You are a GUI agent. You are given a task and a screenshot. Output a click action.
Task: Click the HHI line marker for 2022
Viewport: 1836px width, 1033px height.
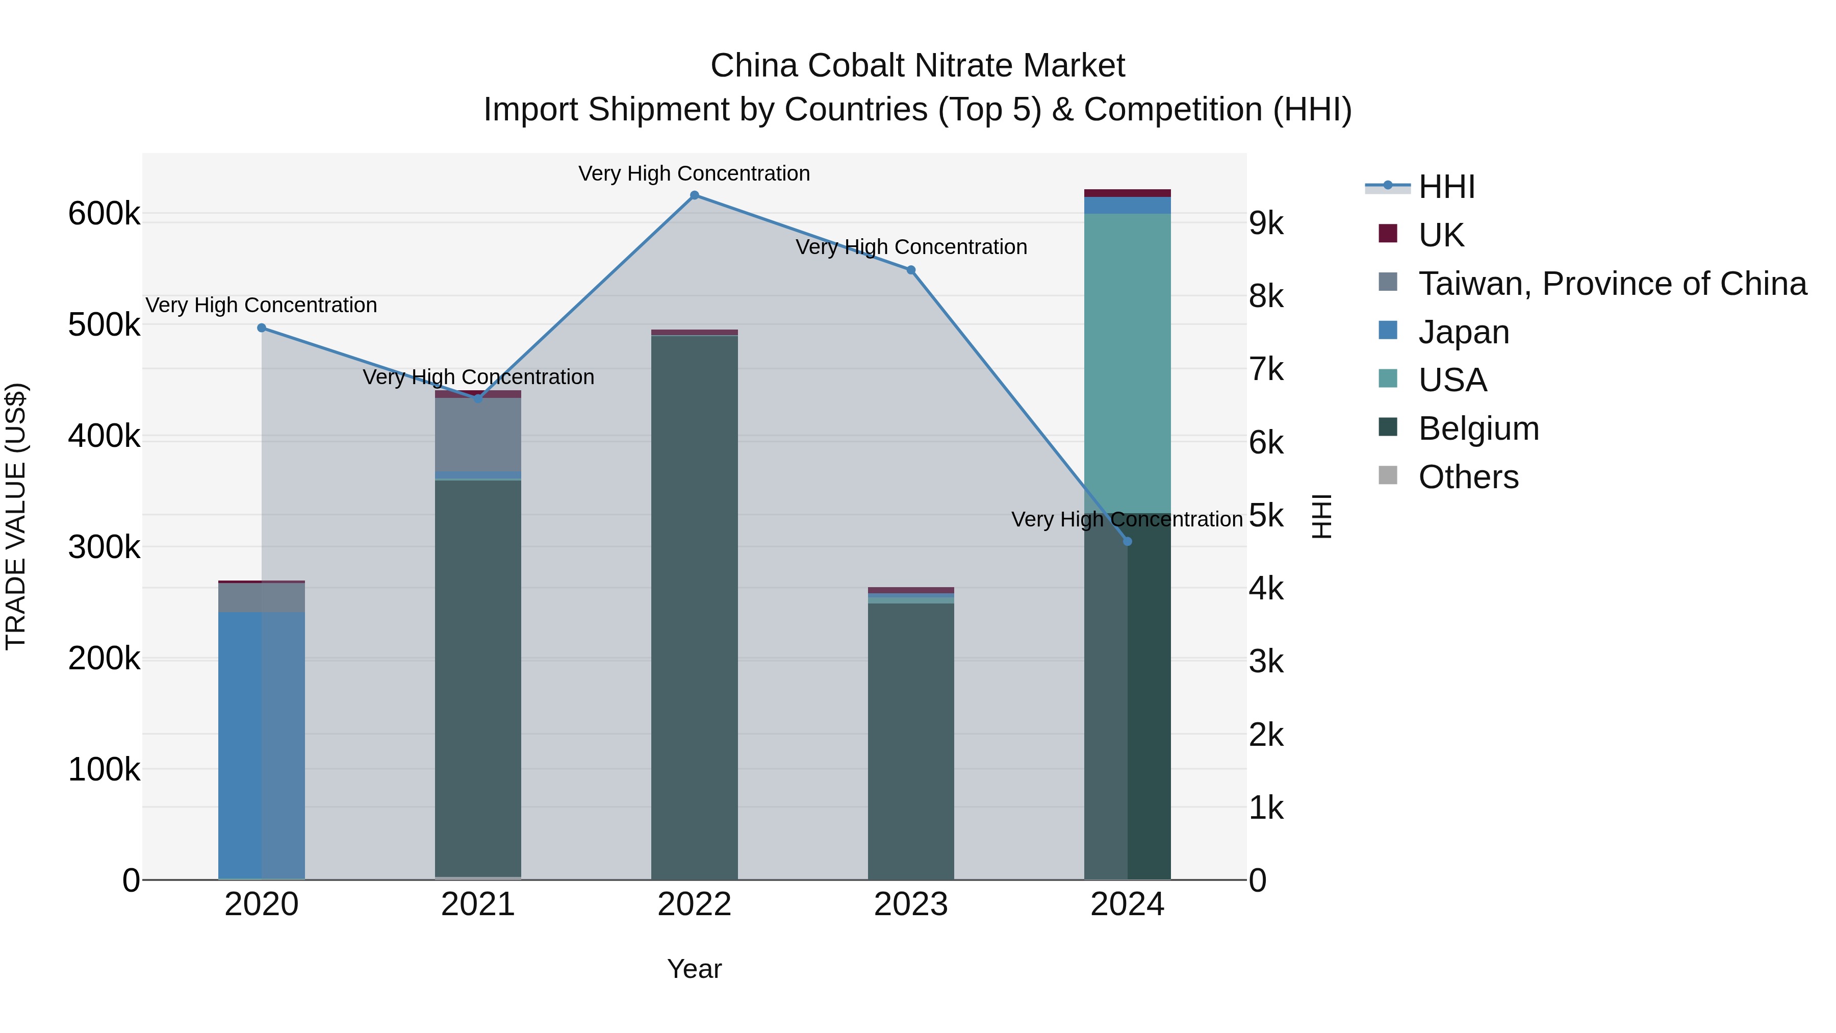(694, 195)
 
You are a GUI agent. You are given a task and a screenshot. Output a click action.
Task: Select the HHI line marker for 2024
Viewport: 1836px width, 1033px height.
(1127, 541)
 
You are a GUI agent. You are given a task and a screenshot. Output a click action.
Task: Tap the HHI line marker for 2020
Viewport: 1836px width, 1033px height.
(262, 328)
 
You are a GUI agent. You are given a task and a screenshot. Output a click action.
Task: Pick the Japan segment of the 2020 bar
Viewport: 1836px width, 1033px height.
(262, 745)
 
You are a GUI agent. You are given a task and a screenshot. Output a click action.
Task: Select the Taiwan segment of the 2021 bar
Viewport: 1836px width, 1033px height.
(477, 435)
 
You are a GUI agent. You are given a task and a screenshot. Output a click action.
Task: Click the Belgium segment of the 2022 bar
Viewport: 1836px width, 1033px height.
(694, 606)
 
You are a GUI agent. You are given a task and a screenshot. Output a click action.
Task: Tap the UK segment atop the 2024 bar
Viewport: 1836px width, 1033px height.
(1127, 193)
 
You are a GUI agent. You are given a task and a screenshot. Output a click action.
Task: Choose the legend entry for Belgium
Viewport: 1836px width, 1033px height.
(1477, 429)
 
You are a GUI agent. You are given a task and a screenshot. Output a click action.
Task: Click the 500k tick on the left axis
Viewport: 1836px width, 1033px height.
(104, 325)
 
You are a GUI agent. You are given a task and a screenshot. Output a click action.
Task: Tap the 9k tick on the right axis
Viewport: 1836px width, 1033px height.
(1266, 224)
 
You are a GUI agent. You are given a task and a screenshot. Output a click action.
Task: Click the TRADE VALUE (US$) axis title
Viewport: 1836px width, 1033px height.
(16, 516)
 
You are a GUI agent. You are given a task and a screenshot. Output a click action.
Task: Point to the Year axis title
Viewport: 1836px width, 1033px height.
(694, 969)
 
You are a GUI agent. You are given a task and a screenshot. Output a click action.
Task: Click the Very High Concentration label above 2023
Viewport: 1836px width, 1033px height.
(911, 247)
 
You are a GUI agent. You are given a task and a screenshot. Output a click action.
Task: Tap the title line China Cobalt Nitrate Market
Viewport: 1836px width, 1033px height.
(917, 66)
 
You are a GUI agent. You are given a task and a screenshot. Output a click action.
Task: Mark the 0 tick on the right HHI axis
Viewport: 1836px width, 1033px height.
(1258, 880)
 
